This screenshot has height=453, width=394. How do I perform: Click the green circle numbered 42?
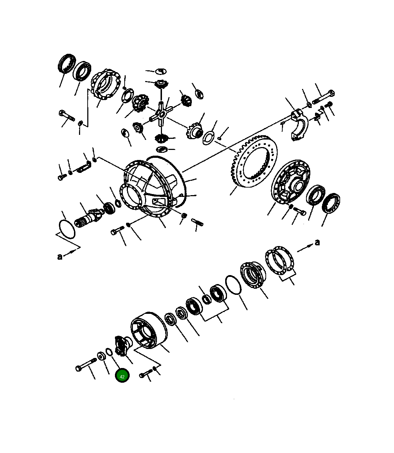coord(122,376)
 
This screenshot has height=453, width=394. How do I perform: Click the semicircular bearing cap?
coord(299,126)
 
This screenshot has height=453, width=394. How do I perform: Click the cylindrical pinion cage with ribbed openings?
coord(148,330)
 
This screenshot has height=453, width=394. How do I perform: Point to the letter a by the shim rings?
coord(317,242)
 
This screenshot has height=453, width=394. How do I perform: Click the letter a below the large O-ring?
coord(60,256)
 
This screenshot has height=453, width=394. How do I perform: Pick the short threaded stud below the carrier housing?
coord(197,222)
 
